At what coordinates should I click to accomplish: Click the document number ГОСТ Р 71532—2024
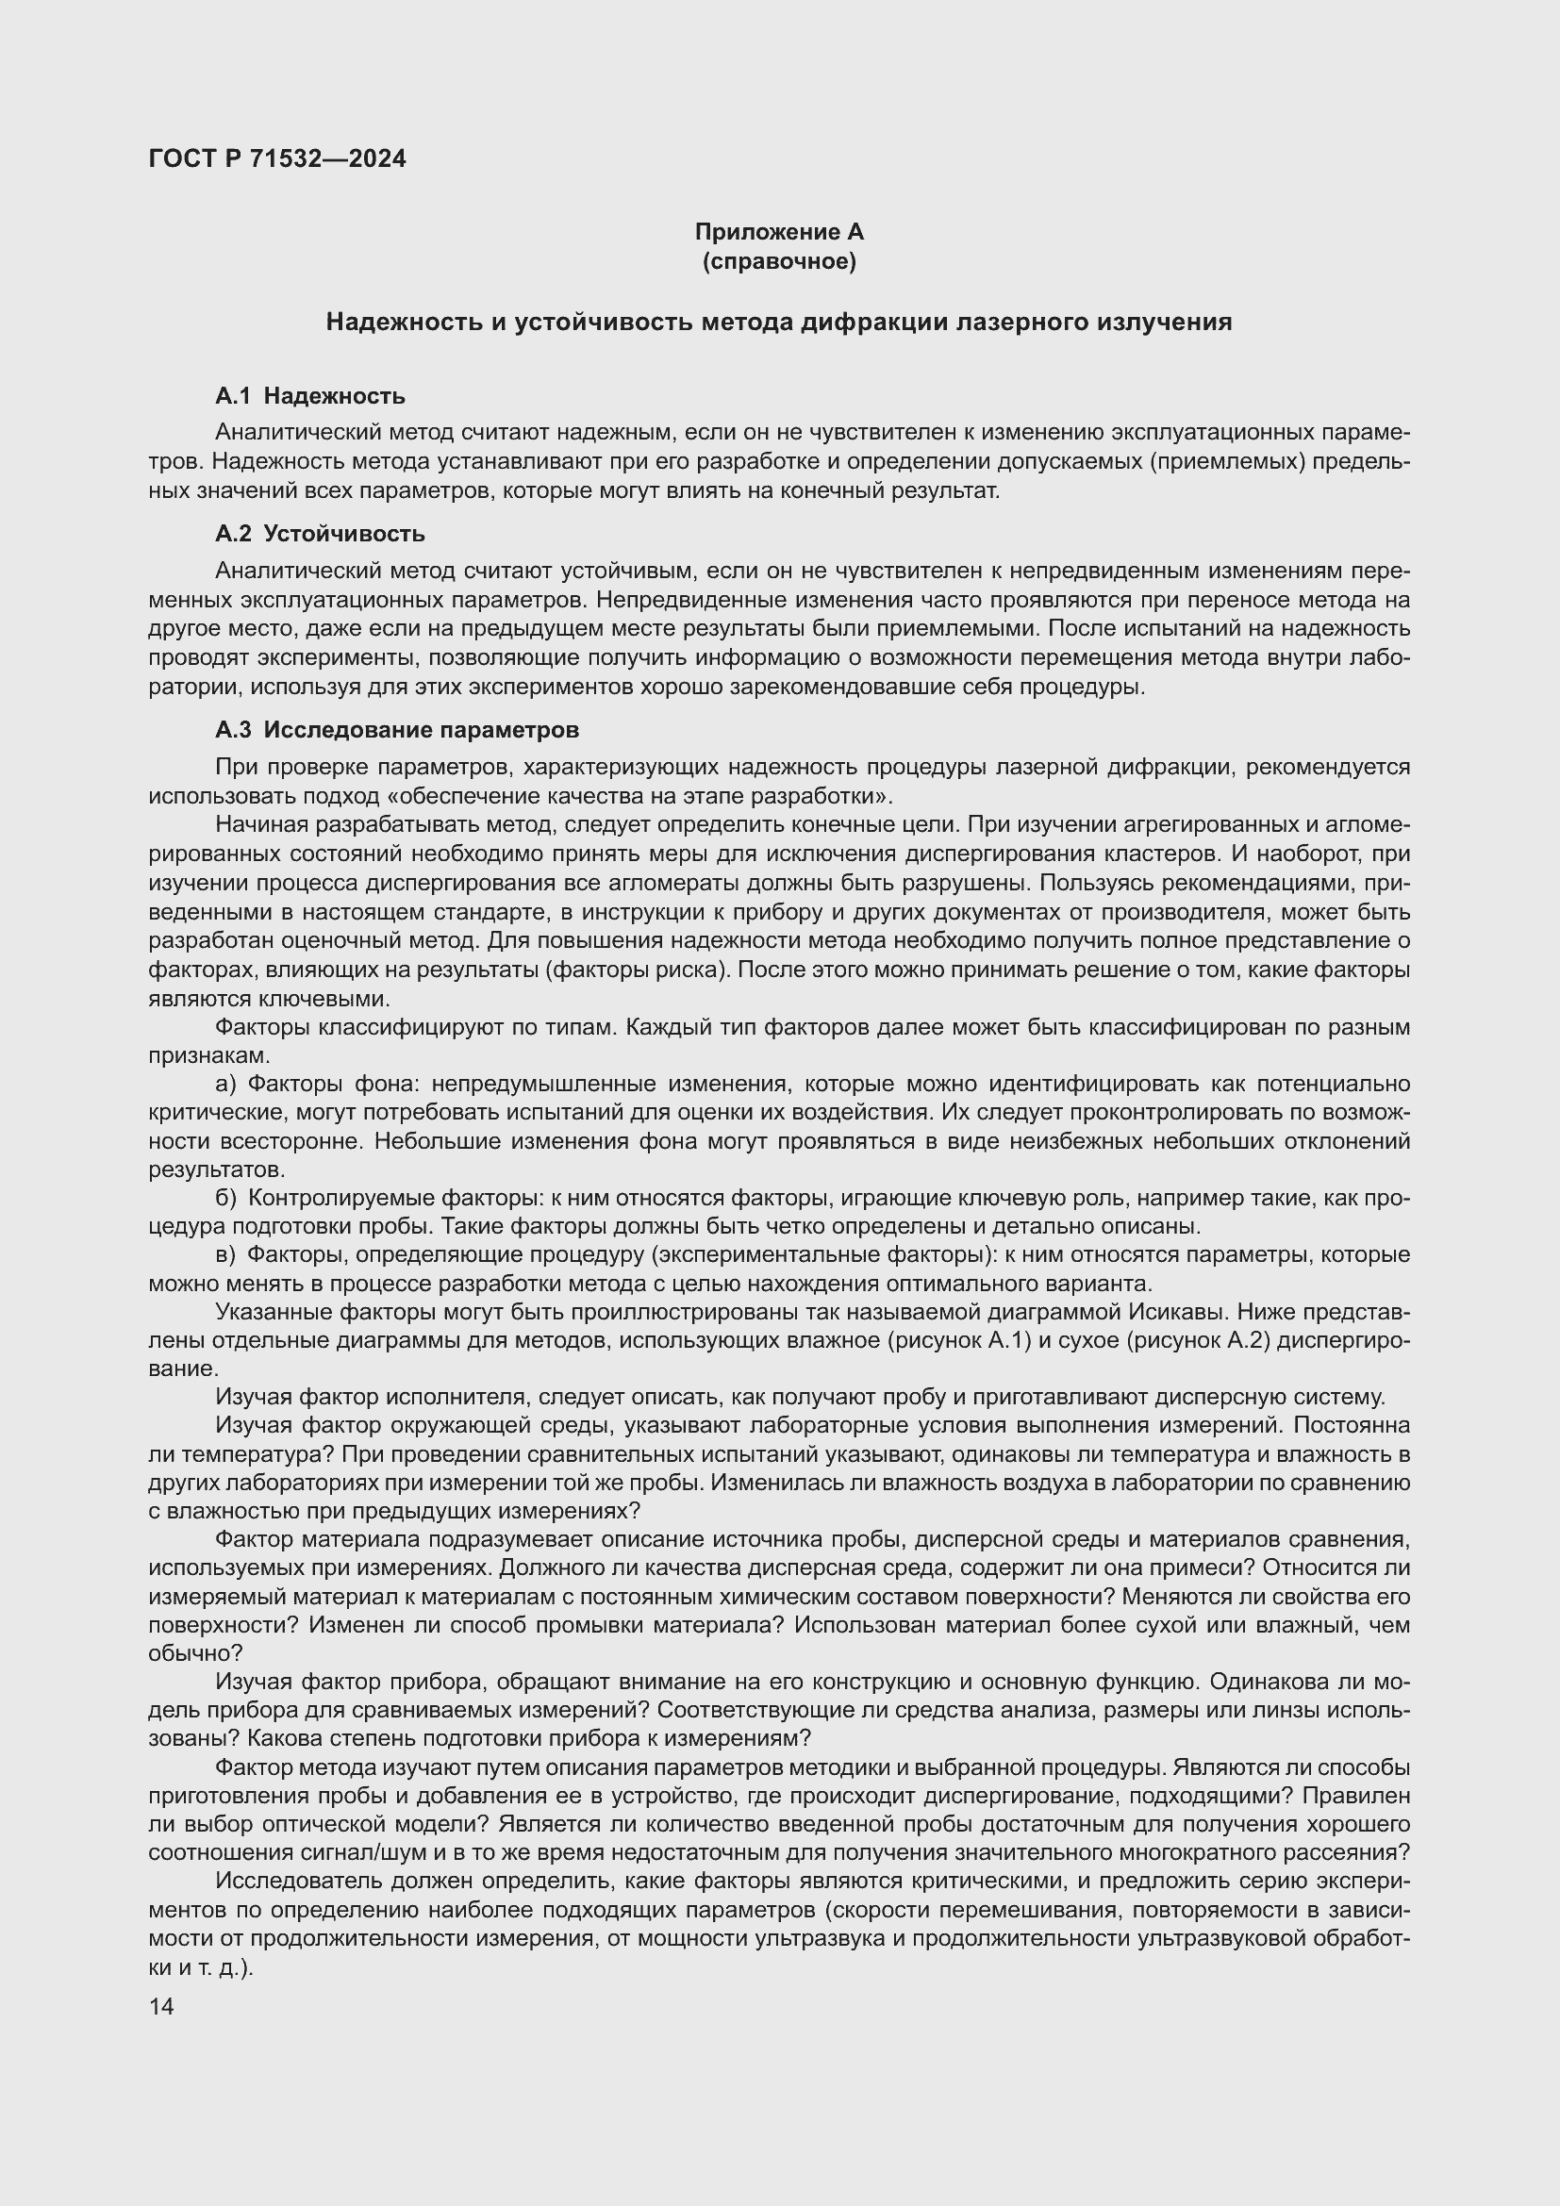[x=277, y=158]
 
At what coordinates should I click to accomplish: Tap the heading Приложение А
[x=779, y=232]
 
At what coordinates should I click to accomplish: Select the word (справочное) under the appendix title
[x=779, y=261]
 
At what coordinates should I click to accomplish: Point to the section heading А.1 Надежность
[x=310, y=396]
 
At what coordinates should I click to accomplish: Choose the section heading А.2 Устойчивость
[x=320, y=533]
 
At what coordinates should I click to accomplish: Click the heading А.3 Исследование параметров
[x=397, y=730]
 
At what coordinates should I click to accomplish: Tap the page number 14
[x=161, y=2006]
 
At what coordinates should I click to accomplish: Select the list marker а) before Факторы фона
[x=225, y=1084]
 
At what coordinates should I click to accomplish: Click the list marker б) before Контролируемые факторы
[x=225, y=1198]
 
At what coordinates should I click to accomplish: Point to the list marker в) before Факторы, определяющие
[x=225, y=1254]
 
